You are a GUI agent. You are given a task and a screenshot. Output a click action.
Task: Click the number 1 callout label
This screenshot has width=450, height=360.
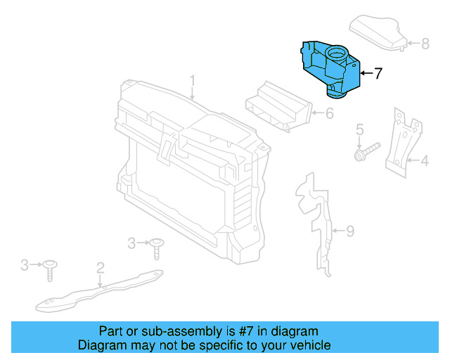[x=192, y=80]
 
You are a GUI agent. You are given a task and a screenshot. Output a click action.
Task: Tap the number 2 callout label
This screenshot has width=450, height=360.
[x=101, y=266]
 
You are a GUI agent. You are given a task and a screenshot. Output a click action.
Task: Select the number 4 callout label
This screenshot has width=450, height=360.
[x=424, y=162]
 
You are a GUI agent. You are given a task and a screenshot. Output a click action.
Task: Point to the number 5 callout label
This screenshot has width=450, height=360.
[x=359, y=129]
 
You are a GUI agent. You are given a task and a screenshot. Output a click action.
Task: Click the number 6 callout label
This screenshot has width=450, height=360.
[x=329, y=112]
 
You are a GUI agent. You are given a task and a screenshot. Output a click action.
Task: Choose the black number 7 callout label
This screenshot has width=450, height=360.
[x=378, y=72]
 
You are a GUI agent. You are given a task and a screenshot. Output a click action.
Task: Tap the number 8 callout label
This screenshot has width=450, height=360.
[x=425, y=44]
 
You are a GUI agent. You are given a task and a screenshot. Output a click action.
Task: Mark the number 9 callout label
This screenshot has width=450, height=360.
[x=350, y=230]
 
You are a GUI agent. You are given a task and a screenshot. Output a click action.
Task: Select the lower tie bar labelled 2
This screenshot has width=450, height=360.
[x=98, y=291]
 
